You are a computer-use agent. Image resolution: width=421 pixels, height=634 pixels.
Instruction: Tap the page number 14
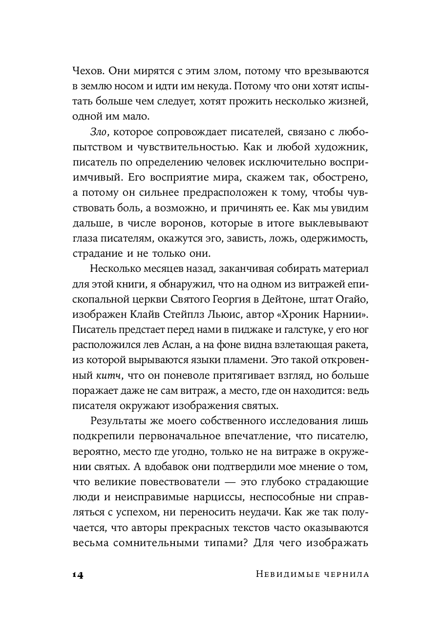pyautogui.click(x=78, y=574)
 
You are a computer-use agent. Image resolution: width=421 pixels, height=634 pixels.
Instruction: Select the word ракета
pyautogui.click(x=350, y=345)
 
